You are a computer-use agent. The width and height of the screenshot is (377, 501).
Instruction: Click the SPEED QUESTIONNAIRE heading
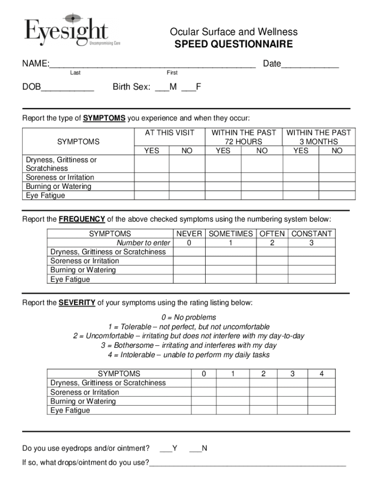tap(234, 45)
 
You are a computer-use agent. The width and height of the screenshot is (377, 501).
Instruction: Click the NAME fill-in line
tap(152, 65)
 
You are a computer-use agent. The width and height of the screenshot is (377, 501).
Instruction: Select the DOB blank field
tap(67, 89)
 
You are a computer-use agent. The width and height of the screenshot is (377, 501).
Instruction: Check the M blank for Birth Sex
tap(161, 89)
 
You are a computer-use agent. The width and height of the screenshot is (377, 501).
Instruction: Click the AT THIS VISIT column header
tap(169, 133)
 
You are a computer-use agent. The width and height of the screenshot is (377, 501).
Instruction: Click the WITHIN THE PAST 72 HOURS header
tap(243, 137)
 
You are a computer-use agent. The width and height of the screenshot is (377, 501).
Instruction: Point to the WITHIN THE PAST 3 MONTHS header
tap(318, 137)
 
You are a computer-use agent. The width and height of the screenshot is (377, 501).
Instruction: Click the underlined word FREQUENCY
tap(82, 219)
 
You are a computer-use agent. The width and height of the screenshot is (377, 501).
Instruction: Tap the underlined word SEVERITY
tap(77, 303)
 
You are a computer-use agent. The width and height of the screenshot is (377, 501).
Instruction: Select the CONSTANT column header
tap(311, 234)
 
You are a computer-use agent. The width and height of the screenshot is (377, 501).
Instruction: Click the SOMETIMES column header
tap(231, 234)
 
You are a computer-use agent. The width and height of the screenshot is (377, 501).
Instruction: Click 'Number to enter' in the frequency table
tap(143, 243)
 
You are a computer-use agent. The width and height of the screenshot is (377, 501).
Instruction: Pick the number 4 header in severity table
tap(321, 374)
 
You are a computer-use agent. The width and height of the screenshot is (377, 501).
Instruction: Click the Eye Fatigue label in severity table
tap(71, 410)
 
